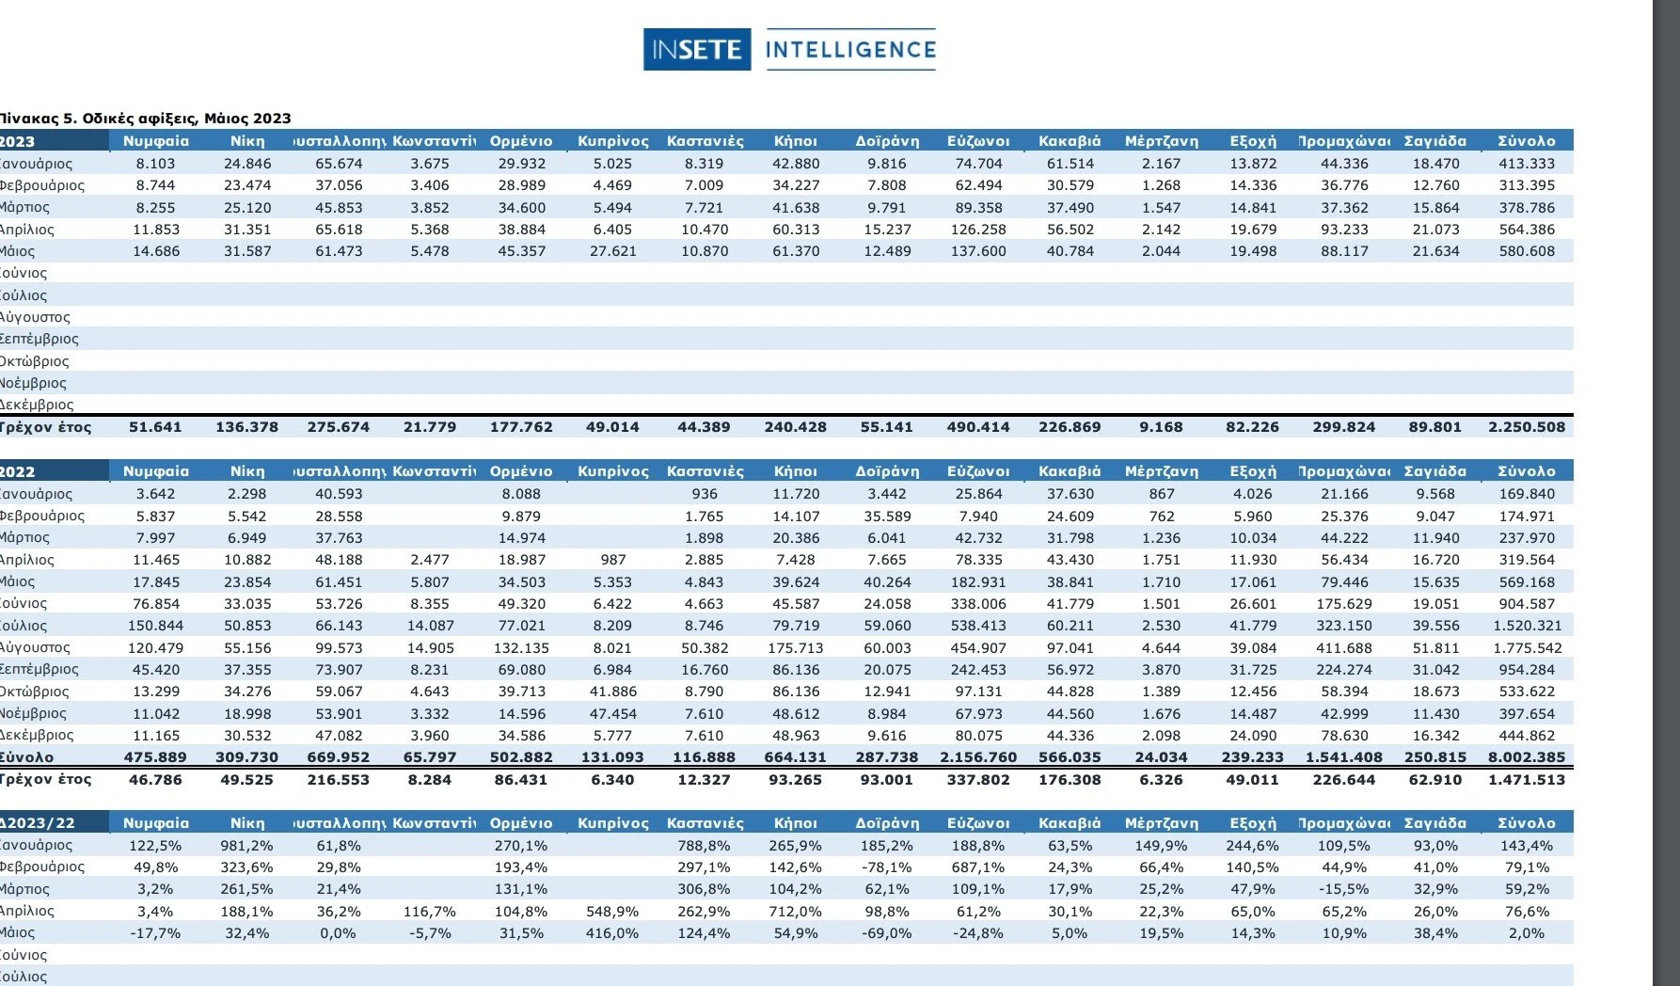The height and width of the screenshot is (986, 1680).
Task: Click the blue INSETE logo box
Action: pyautogui.click(x=697, y=50)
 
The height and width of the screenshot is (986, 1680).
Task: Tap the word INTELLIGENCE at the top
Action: pyautogui.click(x=850, y=50)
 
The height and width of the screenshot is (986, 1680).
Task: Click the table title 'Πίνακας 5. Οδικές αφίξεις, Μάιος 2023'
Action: pyautogui.click(x=146, y=119)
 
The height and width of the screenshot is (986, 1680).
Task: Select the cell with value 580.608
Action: pyautogui.click(x=1527, y=251)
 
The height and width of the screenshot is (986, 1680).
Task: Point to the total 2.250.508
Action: pyautogui.click(x=1527, y=427)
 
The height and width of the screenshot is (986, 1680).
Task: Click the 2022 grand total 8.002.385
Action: pyautogui.click(x=1527, y=757)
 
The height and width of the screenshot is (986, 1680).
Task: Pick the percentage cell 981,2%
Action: pyautogui.click(x=246, y=846)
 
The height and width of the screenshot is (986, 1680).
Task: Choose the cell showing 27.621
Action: pyautogui.click(x=612, y=251)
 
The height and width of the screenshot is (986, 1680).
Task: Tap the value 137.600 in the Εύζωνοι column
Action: pyautogui.click(x=978, y=251)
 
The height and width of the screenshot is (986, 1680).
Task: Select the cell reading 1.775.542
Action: pyautogui.click(x=1527, y=648)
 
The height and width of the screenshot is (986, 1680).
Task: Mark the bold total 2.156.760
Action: pyautogui.click(x=978, y=757)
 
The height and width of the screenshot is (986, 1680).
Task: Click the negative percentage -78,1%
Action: pyautogui.click(x=886, y=867)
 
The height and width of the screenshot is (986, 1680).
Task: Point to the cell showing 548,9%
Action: pyautogui.click(x=612, y=912)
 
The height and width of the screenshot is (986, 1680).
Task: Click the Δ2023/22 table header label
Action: pyautogui.click(x=38, y=823)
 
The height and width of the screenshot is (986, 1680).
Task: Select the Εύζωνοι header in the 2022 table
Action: pyautogui.click(x=978, y=471)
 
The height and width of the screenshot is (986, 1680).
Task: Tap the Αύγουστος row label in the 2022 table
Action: pyautogui.click(x=36, y=648)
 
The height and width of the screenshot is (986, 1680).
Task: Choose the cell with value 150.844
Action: pyautogui.click(x=155, y=626)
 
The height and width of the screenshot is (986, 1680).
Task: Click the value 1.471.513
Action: pyautogui.click(x=1527, y=780)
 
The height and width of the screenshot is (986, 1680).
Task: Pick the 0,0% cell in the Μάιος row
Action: pyautogui.click(x=338, y=933)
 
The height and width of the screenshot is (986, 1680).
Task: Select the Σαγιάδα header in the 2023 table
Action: pyautogui.click(x=1435, y=141)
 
